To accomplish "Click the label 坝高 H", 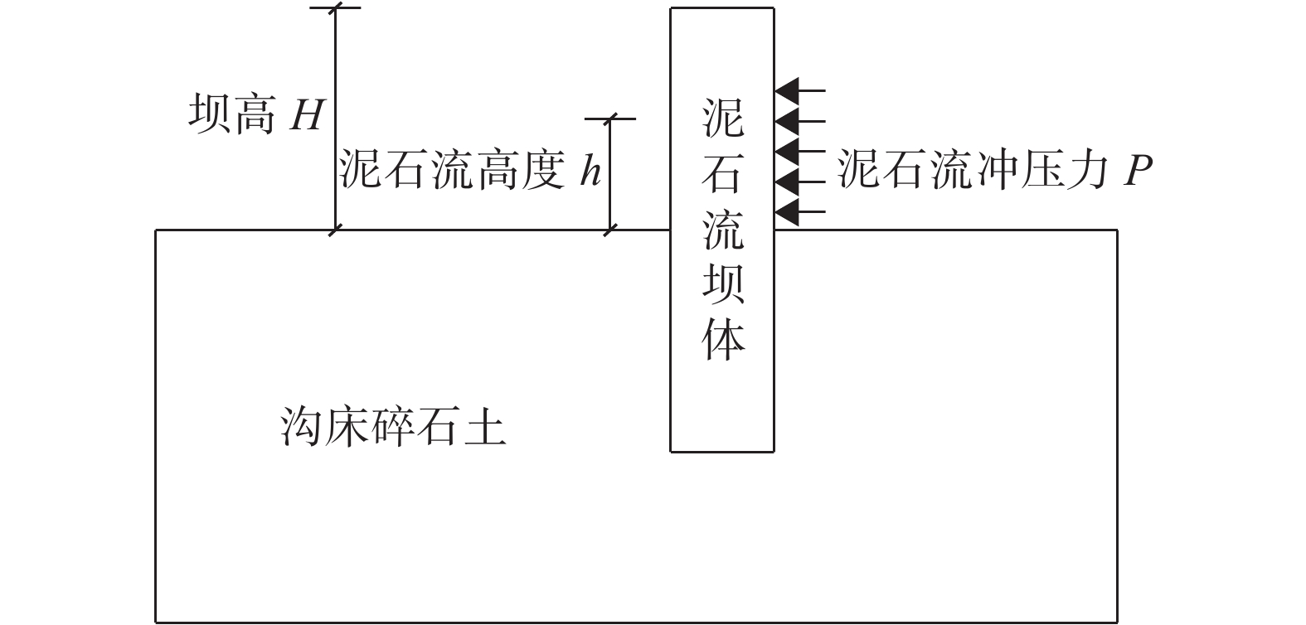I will coord(255,114).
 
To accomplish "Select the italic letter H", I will coord(305,116).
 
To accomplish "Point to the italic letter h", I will coord(590,172).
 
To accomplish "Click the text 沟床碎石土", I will coord(393,428).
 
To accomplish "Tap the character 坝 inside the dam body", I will coord(723,283).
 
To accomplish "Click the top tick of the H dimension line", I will coord(335,8).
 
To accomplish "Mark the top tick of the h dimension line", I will coord(610,119).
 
